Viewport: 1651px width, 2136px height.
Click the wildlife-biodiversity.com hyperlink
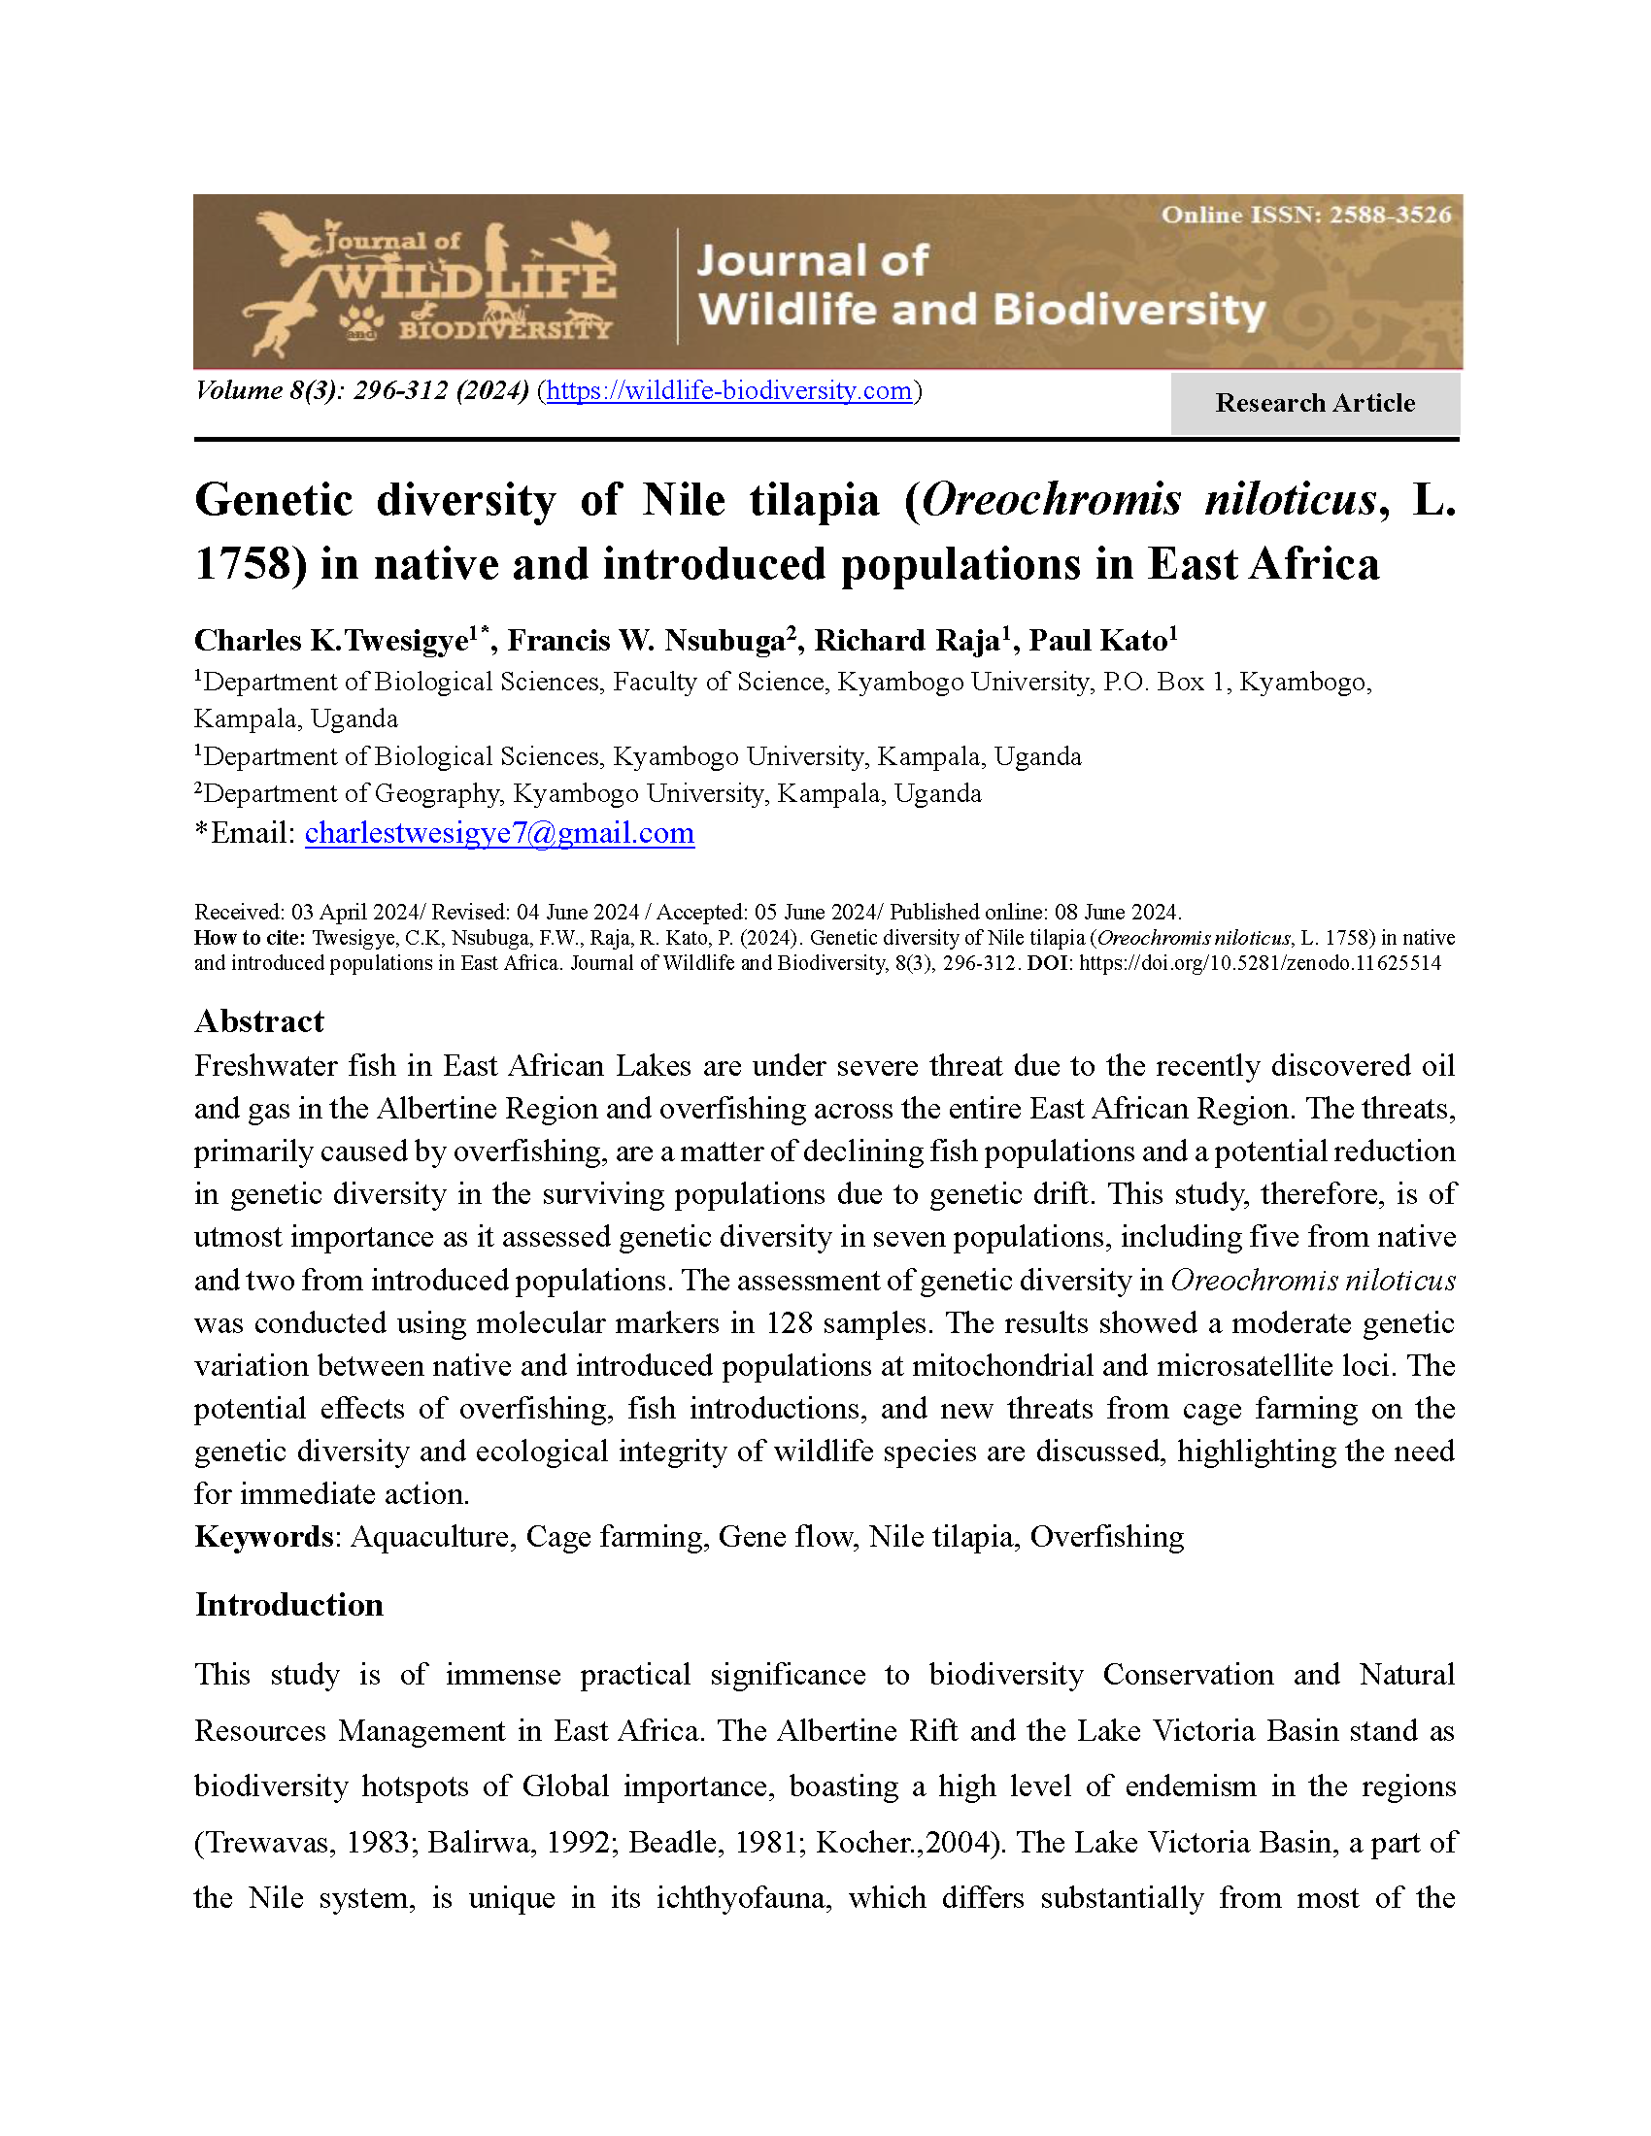coord(728,391)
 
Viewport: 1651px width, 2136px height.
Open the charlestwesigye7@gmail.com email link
coord(499,833)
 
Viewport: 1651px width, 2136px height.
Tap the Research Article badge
coord(1315,403)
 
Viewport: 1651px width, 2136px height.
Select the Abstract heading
coord(259,1021)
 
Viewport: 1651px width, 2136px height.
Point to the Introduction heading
coord(288,1605)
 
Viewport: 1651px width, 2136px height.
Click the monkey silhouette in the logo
coord(272,327)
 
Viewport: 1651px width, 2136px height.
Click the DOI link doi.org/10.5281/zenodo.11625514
coord(1260,963)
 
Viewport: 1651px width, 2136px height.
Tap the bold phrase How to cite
coord(251,938)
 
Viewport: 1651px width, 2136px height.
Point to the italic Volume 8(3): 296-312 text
coord(361,391)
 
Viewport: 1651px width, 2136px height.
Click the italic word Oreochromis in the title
coord(1052,501)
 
